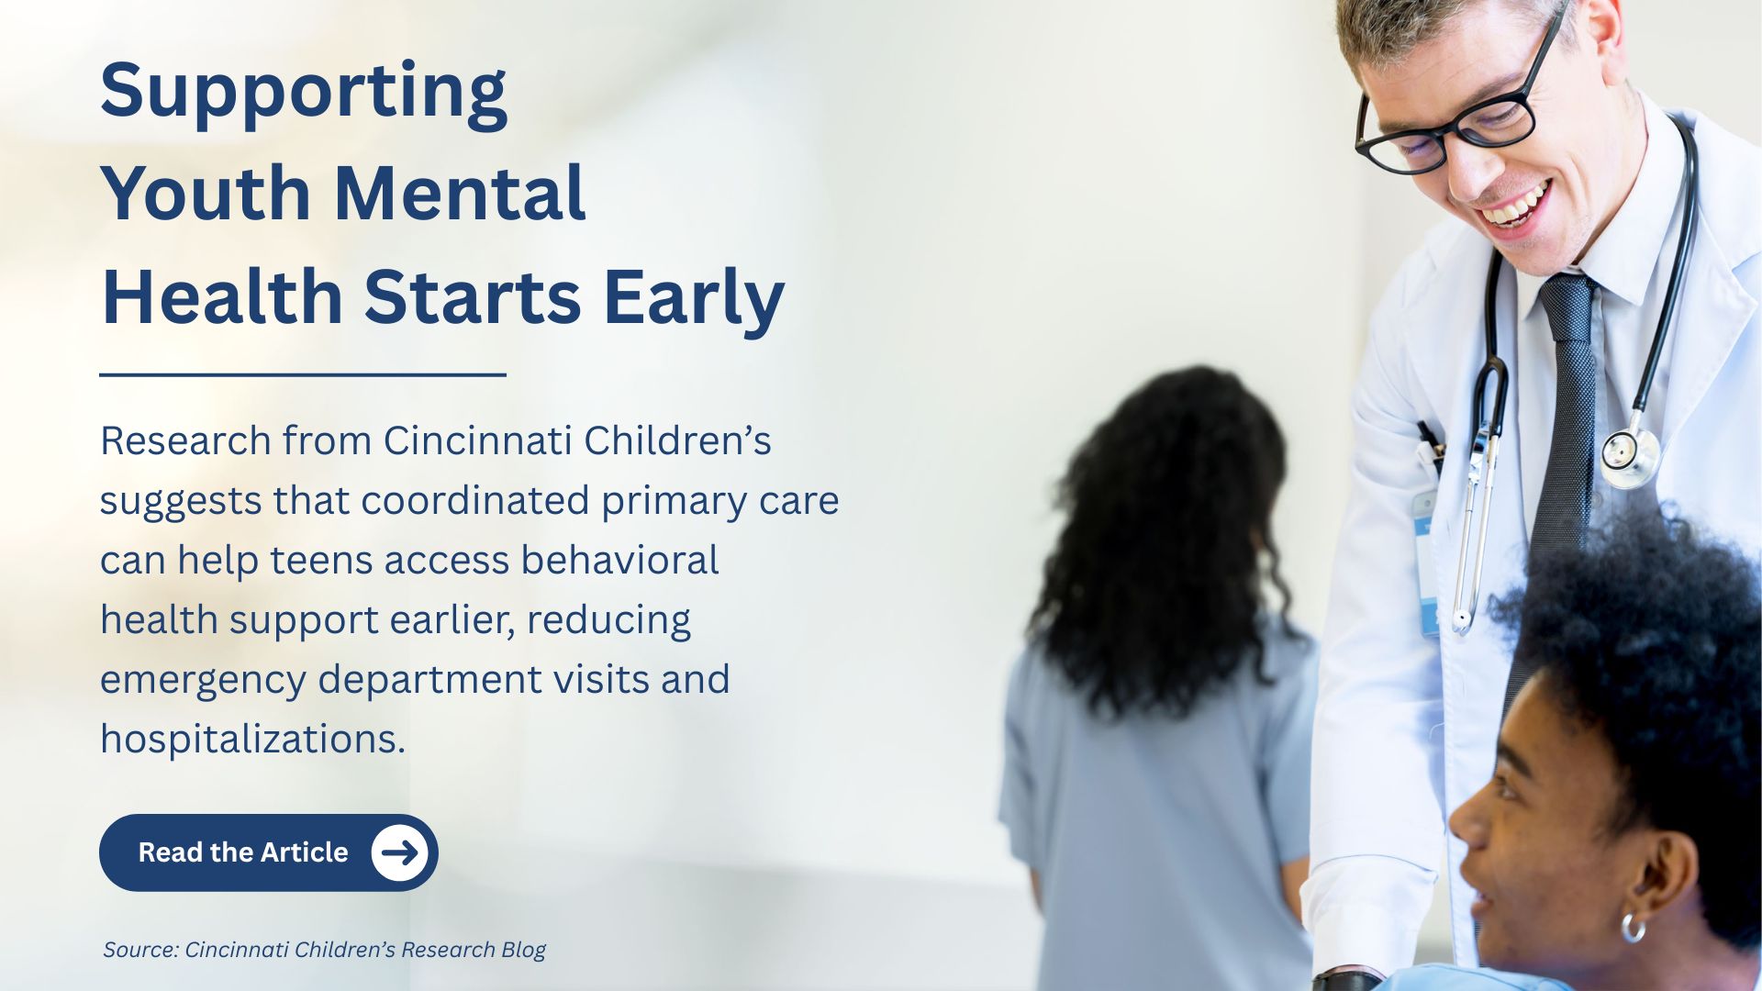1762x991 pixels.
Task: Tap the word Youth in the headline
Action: point(206,194)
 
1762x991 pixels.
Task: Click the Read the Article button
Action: point(268,852)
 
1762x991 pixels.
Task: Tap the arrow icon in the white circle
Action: point(400,852)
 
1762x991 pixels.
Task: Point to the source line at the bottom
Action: point(324,950)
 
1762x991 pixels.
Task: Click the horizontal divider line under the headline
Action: point(303,374)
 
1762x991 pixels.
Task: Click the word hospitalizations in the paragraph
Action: point(252,740)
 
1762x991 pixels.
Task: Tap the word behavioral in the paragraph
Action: point(619,560)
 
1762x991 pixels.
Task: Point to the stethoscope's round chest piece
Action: point(1630,456)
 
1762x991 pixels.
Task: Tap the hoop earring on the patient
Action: point(1633,927)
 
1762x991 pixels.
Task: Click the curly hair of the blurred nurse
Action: point(1161,532)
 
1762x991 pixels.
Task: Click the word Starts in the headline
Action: point(473,297)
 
